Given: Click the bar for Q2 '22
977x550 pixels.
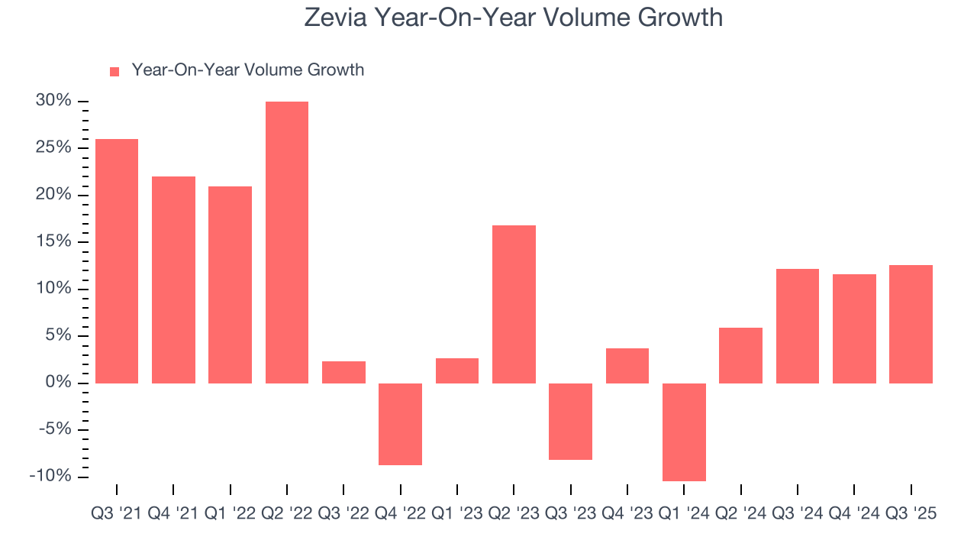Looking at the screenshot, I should click(x=287, y=242).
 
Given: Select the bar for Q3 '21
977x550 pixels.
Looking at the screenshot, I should click(x=117, y=260).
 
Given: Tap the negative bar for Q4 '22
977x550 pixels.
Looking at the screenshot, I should click(x=400, y=424).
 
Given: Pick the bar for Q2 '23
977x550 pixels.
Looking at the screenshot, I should click(x=514, y=304).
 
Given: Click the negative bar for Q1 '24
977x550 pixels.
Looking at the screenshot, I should click(x=684, y=432).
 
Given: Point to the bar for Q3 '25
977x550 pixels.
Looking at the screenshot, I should click(x=911, y=324).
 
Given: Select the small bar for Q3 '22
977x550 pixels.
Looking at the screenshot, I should click(x=343, y=372).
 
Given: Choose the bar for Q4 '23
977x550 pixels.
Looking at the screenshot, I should click(x=627, y=365).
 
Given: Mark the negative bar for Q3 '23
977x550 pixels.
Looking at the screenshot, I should click(x=570, y=421).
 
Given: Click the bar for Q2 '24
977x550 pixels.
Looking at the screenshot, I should click(x=740, y=355).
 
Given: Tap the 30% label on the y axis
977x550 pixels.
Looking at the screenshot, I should click(x=53, y=101).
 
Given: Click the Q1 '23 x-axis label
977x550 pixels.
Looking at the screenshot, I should click(x=457, y=514).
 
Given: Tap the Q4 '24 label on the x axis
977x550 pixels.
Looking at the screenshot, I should click(x=854, y=514).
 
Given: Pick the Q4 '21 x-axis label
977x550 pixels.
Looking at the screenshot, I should click(x=173, y=514).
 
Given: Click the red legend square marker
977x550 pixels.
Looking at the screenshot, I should click(x=114, y=71).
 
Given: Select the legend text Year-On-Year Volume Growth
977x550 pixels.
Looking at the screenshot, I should click(x=247, y=70).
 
